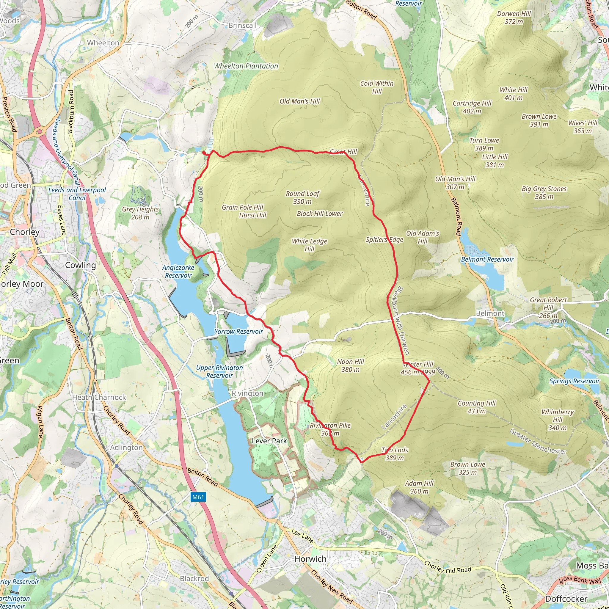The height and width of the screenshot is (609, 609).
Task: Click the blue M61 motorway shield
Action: click(x=198, y=497)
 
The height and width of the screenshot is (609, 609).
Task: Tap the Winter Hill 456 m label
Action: click(x=418, y=368)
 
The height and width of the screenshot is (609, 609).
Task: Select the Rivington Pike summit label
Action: click(x=330, y=429)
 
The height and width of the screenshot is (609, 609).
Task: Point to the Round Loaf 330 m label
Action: click(x=302, y=198)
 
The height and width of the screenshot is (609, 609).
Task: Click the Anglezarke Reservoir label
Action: click(x=178, y=271)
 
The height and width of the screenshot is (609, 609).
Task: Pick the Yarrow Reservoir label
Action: click(x=238, y=332)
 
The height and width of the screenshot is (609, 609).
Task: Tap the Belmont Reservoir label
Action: click(x=487, y=259)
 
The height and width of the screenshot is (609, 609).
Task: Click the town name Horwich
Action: click(x=310, y=559)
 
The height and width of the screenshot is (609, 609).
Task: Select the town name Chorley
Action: click(x=25, y=232)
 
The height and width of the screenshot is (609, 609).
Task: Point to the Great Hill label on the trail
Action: click(x=343, y=152)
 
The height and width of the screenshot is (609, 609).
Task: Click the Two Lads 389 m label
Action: click(x=395, y=454)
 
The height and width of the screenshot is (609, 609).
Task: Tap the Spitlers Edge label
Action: click(x=384, y=240)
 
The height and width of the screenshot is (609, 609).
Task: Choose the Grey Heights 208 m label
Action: click(x=140, y=213)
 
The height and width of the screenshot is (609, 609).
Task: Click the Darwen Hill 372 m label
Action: click(x=514, y=18)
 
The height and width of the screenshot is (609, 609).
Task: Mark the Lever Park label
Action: click(x=269, y=441)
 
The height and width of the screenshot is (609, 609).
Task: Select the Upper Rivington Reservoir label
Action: click(x=219, y=372)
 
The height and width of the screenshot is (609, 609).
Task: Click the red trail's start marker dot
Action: click(x=204, y=153)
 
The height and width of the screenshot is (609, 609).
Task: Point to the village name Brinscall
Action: click(x=242, y=26)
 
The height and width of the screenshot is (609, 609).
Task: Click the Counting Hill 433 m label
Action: click(x=476, y=407)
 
